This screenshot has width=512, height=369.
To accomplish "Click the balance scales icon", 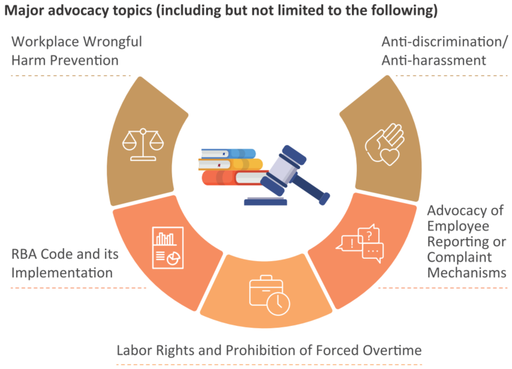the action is point(143,144).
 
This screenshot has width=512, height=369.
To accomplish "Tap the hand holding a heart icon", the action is point(385,144).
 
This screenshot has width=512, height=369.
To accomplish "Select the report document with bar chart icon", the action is point(168,247).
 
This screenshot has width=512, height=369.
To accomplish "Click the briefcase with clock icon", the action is point(269,295).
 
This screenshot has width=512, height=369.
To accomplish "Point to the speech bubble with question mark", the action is point(369,234).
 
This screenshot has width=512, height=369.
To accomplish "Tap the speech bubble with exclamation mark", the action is point(350,243).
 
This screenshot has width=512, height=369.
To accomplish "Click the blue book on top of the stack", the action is point(228,153).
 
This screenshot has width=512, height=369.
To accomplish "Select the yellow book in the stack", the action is point(231,165).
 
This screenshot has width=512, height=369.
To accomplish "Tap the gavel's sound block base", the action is point(266,201).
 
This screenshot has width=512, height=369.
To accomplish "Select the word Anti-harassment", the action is point(433,61).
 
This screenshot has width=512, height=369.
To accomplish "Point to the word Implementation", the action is point(62,273).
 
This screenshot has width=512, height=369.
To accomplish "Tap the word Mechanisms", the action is point(466,273).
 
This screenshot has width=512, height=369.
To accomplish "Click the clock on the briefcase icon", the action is point(278,304).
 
